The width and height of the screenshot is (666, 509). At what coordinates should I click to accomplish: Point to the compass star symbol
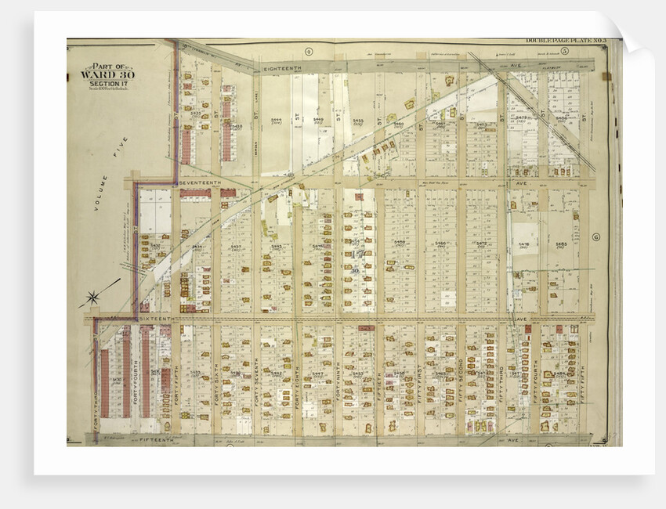click(x=93, y=298)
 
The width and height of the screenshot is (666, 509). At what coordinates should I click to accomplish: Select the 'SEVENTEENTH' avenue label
click(x=202, y=182)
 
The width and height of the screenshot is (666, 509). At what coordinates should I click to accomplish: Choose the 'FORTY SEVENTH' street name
click(x=255, y=384)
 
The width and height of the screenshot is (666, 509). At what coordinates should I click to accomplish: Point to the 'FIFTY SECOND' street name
click(x=460, y=384)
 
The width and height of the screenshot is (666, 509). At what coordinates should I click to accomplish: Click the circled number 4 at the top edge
click(x=309, y=51)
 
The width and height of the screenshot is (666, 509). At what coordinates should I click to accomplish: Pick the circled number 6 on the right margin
click(x=595, y=236)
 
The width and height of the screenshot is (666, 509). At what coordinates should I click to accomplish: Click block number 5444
click(x=276, y=120)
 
